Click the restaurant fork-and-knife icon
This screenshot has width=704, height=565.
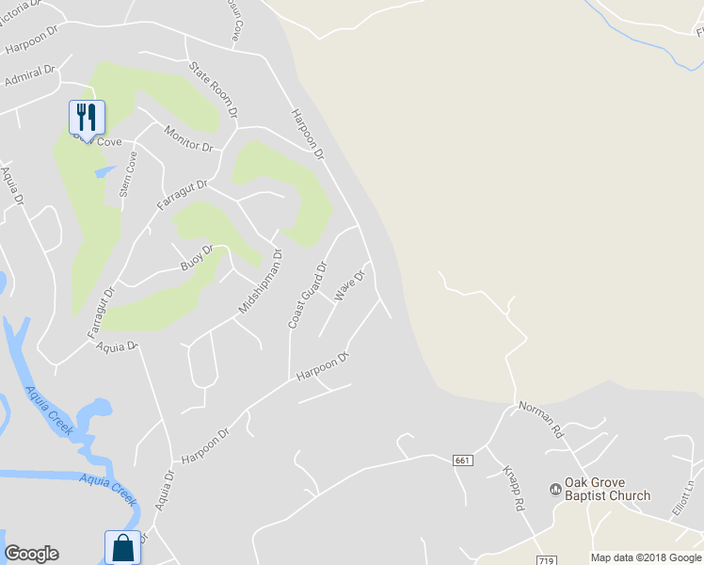(x=87, y=118)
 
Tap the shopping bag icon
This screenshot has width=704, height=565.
(x=122, y=546)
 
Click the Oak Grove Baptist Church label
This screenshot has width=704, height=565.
(x=607, y=490)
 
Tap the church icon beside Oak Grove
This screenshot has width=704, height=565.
(x=555, y=489)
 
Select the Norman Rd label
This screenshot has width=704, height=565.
(x=540, y=419)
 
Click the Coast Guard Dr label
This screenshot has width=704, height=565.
(x=307, y=295)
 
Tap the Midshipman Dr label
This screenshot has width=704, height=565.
(x=260, y=282)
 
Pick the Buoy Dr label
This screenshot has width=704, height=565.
(x=197, y=258)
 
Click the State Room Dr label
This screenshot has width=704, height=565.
(x=211, y=88)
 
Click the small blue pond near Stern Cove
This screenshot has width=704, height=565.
(x=105, y=172)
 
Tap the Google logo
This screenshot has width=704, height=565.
(x=31, y=554)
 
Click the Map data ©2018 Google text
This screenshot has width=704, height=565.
(x=646, y=557)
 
